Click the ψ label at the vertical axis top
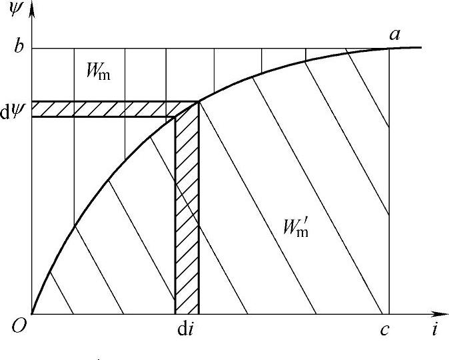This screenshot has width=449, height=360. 15,11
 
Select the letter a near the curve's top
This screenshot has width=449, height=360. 395,34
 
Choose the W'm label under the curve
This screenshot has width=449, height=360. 294,227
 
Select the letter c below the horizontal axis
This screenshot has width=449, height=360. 385,329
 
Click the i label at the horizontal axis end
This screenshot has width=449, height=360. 434,329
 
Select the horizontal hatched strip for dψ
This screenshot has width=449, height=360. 107,109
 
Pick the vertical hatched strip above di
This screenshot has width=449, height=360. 187,213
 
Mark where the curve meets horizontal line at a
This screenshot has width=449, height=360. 388,48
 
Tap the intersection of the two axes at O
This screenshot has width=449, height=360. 32,313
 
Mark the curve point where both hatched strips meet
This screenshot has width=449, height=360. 198,102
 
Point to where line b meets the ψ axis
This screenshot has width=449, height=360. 32,48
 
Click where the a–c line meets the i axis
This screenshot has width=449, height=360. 388,313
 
